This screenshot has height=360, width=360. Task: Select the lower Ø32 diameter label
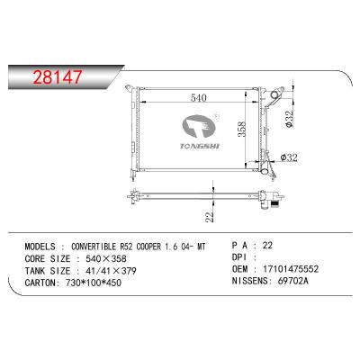click(289, 157)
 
